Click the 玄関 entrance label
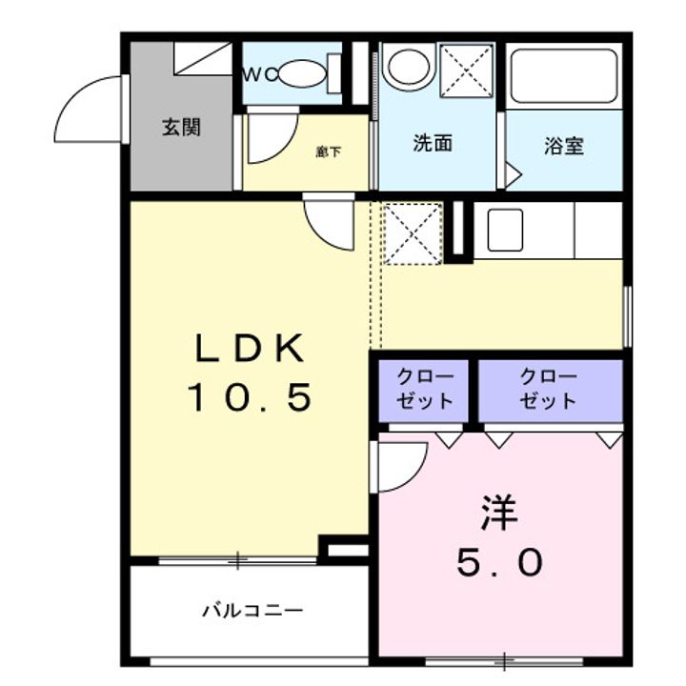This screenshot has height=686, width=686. tap(181, 127)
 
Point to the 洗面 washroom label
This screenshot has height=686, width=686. tap(432, 145)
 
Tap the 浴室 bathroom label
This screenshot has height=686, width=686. tap(564, 147)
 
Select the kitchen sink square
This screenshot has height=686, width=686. tap(505, 230)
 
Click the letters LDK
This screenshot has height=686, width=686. tap(250, 350)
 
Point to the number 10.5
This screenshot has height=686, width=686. tap(250, 398)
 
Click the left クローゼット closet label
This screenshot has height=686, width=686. tap(425, 387)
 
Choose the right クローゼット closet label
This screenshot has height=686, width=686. tap(549, 387)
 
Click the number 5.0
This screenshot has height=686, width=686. tap(499, 564)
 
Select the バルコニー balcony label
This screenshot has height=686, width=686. tap(252, 610)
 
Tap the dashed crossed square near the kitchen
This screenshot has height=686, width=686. tap(412, 232)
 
